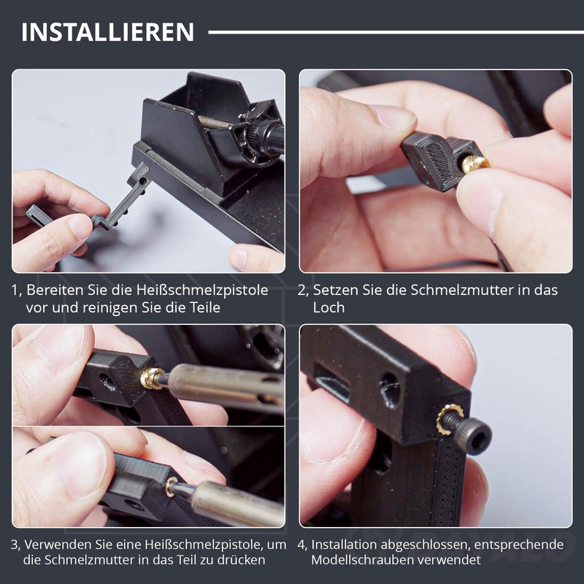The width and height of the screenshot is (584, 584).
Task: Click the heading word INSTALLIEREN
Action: [x=107, y=32]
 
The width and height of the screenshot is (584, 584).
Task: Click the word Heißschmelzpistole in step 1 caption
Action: [x=202, y=290]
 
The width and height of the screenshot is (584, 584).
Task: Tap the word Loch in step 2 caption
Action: [x=328, y=307]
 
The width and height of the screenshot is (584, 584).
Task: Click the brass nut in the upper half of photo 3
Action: [x=152, y=378]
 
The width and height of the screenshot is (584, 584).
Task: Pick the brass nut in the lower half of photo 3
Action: [x=172, y=485]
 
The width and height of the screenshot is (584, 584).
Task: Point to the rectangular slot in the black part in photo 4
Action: [x=331, y=384]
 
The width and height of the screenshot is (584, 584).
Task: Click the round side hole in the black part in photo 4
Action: [x=390, y=391]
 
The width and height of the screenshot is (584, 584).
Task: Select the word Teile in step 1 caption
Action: [x=205, y=307]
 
